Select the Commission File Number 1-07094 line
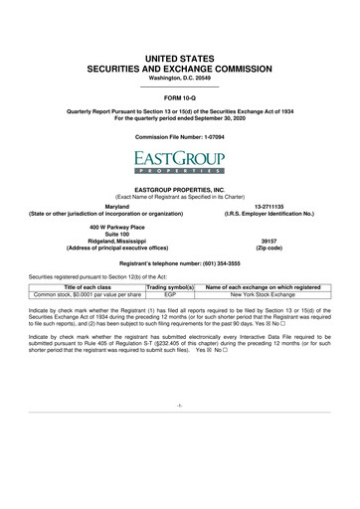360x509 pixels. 180,133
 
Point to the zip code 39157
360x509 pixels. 266,240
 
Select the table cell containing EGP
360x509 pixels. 169,294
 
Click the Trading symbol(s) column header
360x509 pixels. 169,286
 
